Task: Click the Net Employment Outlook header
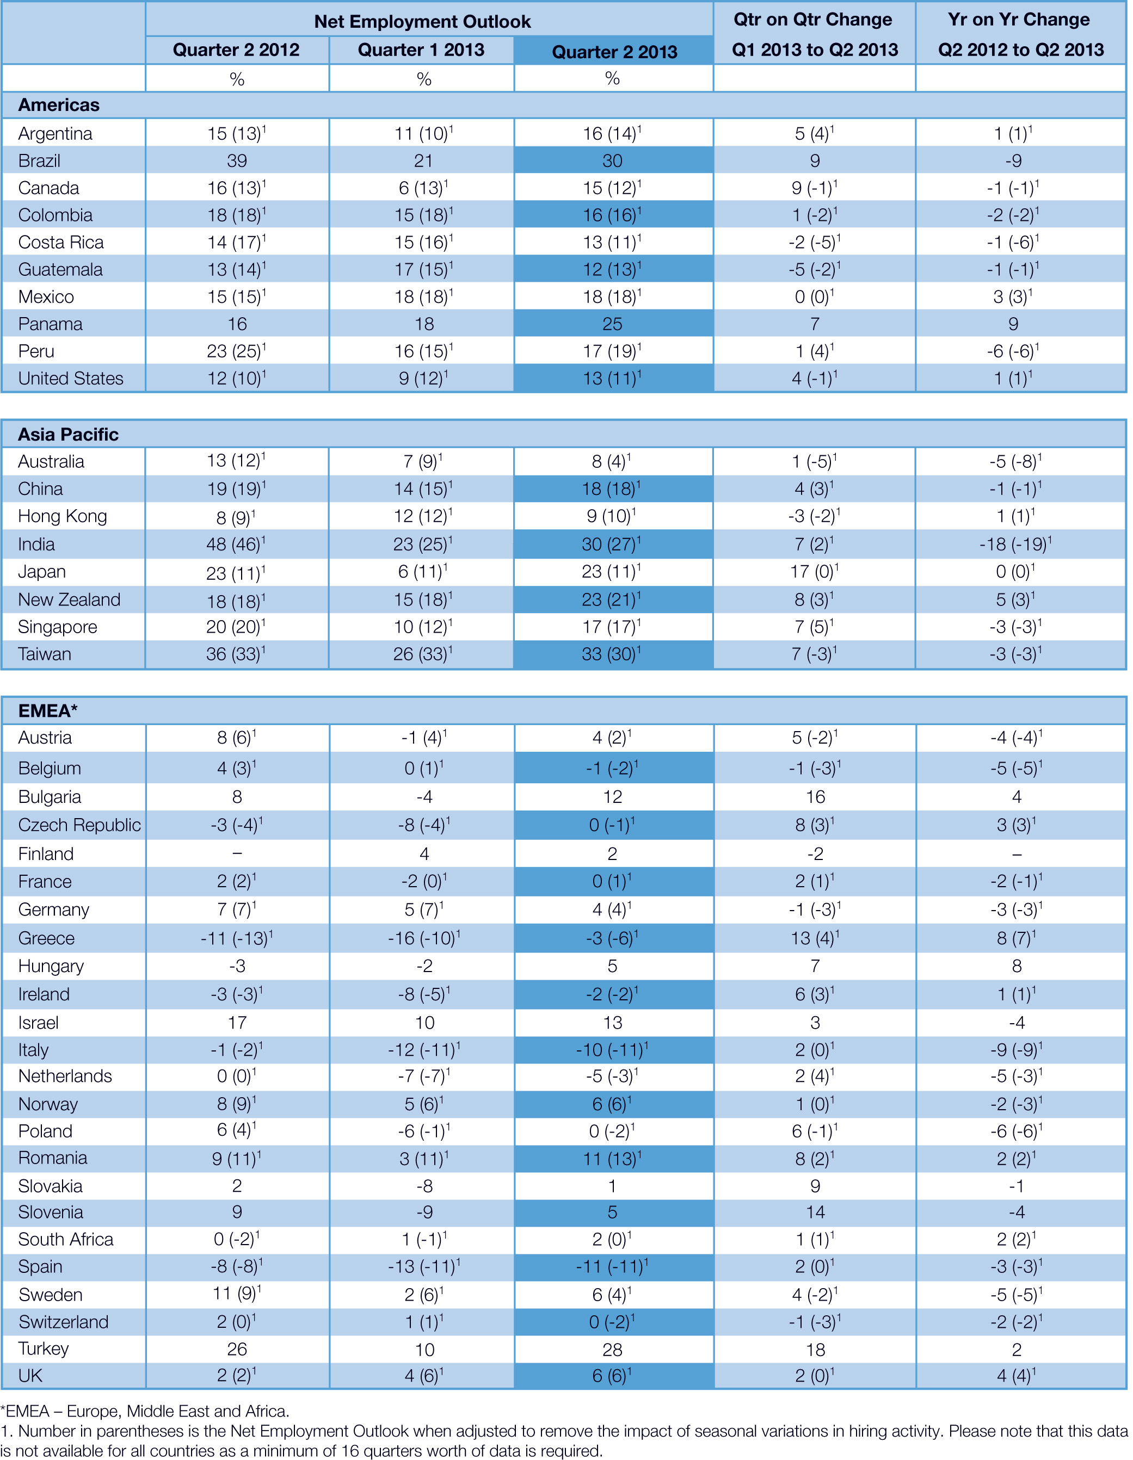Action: (x=422, y=21)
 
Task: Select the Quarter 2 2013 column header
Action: (x=614, y=52)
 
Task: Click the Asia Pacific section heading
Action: (x=68, y=435)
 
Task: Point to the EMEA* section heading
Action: (x=47, y=710)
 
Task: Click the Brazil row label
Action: (x=40, y=160)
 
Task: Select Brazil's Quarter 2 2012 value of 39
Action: (x=237, y=160)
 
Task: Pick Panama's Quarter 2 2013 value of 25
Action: (x=612, y=324)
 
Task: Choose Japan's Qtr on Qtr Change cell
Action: (x=814, y=572)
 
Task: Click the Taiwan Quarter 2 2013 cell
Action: (x=612, y=654)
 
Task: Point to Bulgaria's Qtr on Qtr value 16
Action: (x=815, y=797)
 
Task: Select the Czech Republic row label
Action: (x=79, y=825)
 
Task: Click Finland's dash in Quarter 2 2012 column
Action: (x=237, y=853)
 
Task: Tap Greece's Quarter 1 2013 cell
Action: (x=423, y=938)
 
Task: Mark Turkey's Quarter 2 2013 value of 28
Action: (x=612, y=1349)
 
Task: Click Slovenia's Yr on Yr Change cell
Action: (x=1016, y=1212)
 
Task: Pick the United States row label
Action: (x=71, y=379)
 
